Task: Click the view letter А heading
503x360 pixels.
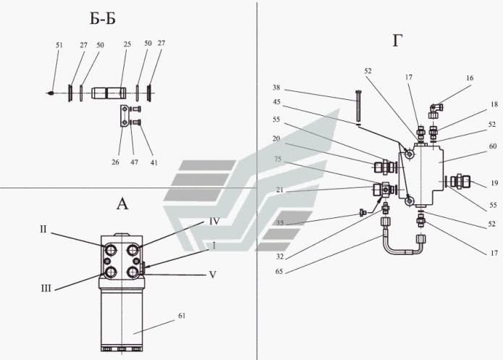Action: pyautogui.click(x=122, y=204)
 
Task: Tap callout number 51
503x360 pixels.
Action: pyautogui.click(x=59, y=46)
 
